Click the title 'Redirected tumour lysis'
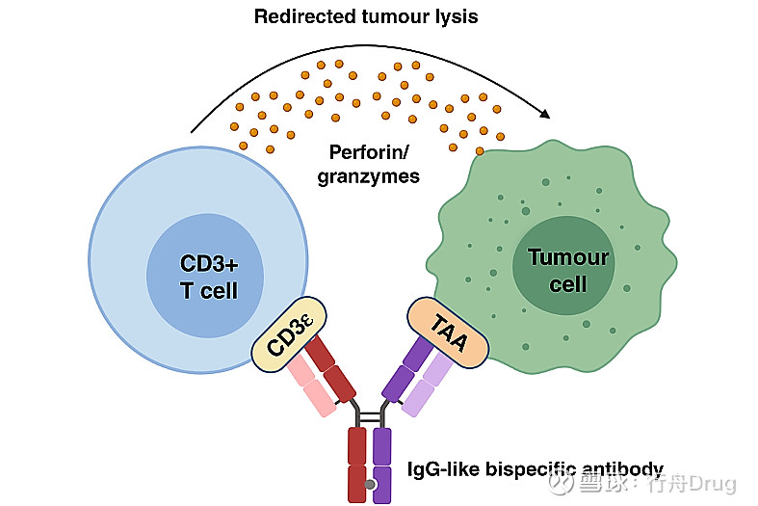tap(365, 16)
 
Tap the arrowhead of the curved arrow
tap(546, 113)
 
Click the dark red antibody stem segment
tap(357, 464)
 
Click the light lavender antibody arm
tap(425, 386)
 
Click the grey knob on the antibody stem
tap(370, 483)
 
